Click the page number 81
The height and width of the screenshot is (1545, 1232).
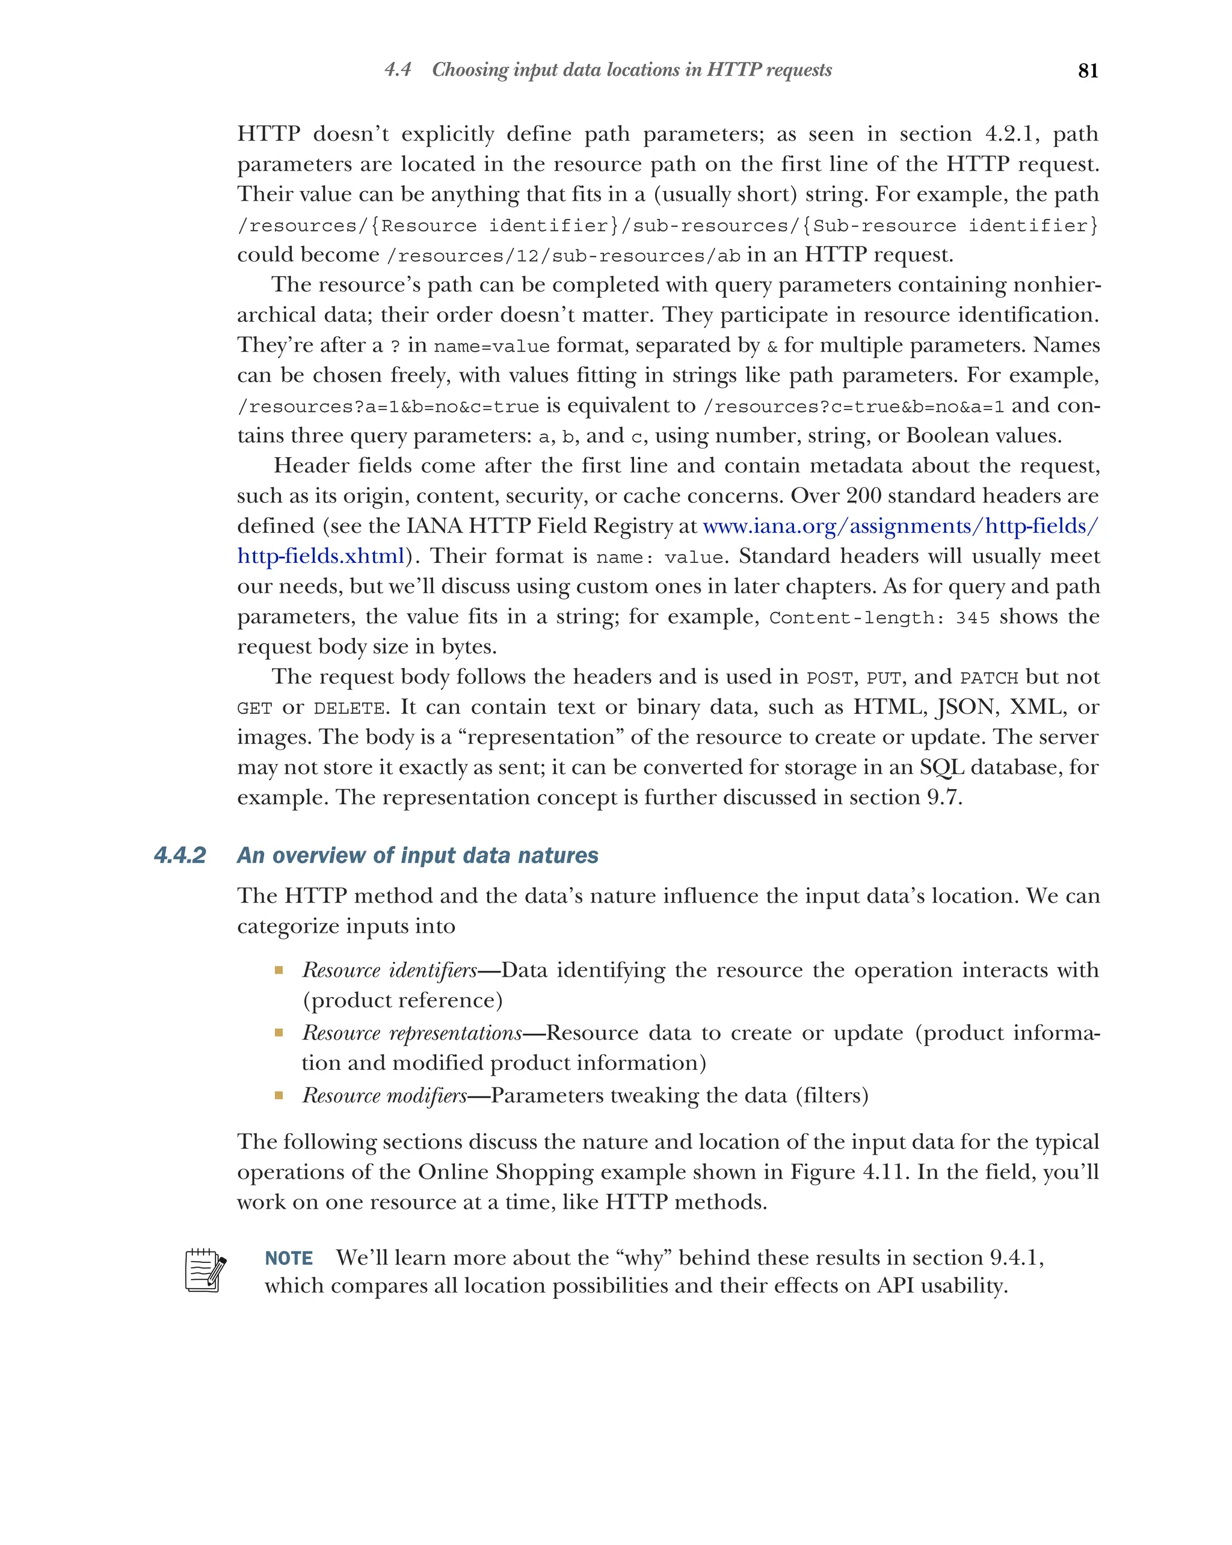coord(1087,70)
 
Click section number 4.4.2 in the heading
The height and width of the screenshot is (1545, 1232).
coord(180,855)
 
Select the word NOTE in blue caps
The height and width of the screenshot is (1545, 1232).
coord(288,1258)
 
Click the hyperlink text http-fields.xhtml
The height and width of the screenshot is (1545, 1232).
coord(321,556)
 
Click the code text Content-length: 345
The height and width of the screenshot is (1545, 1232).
coord(879,618)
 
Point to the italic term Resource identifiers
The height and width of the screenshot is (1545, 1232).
coord(389,970)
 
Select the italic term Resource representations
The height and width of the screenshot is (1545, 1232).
coord(412,1033)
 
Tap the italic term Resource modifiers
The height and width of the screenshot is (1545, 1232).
coord(384,1095)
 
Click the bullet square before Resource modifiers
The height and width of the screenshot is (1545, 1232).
coord(279,1095)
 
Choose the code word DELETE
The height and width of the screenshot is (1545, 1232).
coord(349,708)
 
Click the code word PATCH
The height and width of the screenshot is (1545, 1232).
coord(988,678)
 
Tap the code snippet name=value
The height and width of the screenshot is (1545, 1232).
coord(491,347)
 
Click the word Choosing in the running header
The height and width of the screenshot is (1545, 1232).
coord(469,70)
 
